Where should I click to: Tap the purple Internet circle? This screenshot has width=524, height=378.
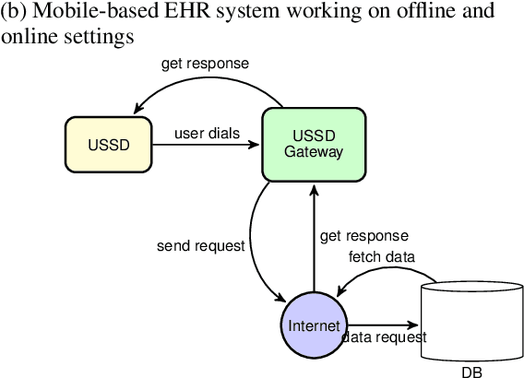point(314,326)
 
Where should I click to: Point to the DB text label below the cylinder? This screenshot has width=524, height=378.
point(471,372)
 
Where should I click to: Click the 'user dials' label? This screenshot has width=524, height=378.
point(208,133)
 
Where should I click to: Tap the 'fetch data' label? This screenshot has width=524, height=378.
point(381,256)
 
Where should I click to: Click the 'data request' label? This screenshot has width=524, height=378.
point(385,338)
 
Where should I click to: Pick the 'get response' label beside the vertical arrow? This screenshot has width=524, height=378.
point(363,237)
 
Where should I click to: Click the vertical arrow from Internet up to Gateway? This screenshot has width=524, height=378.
point(315,235)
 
